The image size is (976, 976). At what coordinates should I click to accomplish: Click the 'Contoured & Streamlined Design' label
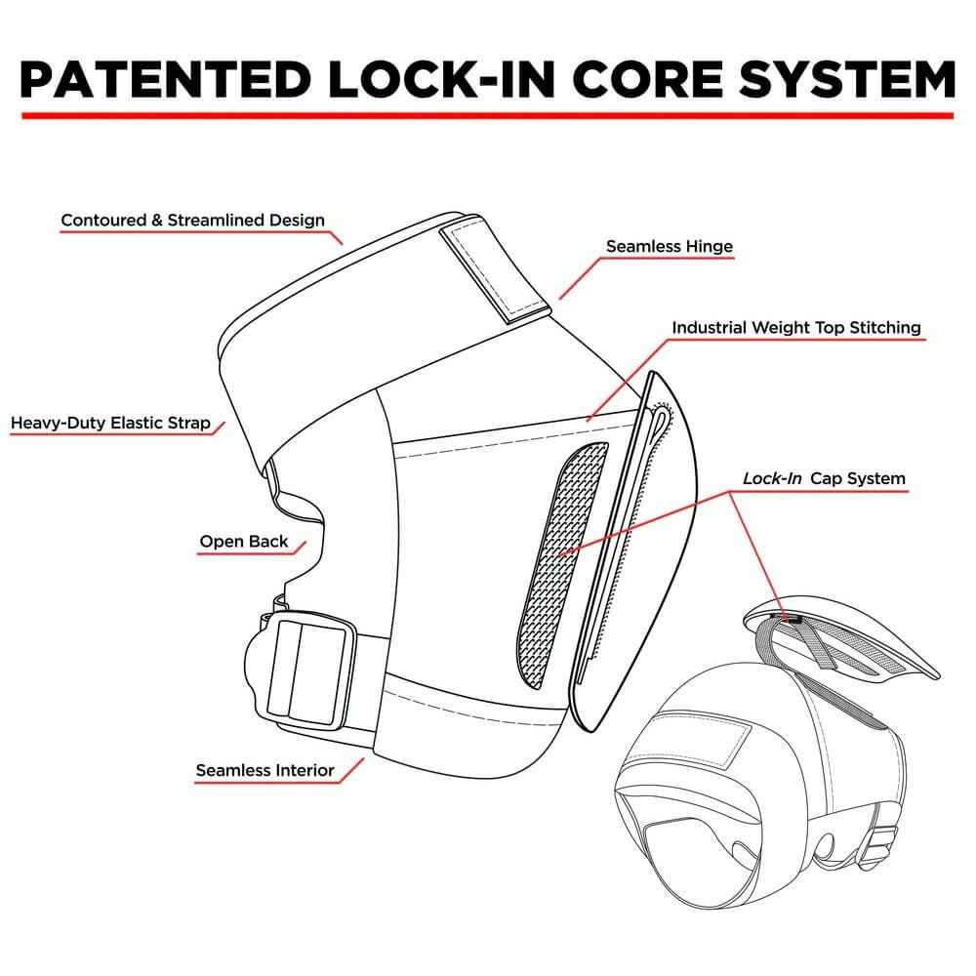point(192,220)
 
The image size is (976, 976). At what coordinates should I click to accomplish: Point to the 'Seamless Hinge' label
point(669,246)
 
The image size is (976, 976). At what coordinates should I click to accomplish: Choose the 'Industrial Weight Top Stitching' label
point(795,327)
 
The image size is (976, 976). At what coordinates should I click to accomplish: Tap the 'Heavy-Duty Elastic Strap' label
point(110,424)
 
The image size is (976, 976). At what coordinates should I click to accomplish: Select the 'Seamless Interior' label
point(264,770)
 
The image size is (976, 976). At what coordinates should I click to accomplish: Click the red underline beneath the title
point(488,115)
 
